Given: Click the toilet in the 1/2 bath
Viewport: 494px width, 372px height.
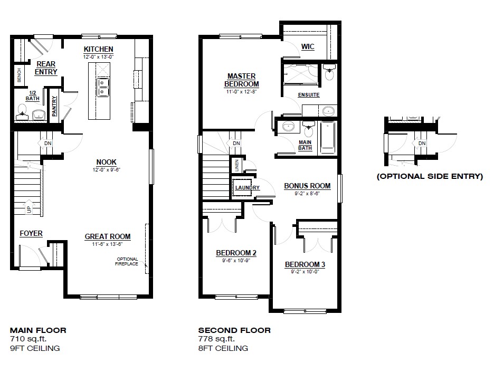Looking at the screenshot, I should pos(23,110).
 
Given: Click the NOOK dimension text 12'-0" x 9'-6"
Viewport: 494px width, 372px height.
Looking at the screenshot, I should pos(106,170).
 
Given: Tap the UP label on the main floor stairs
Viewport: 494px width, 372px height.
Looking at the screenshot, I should pos(28,210).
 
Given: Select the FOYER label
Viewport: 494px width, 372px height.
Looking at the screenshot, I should pos(31,233).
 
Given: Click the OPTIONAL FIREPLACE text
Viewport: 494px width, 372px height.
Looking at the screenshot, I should pos(127,261).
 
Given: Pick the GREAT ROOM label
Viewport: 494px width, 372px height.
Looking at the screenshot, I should pos(108,237).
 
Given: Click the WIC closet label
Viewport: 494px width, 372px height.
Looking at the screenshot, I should pos(308,47).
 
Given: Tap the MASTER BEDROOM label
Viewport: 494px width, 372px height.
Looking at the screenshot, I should pos(241,80).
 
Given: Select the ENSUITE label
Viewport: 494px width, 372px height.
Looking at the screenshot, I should pos(309,96).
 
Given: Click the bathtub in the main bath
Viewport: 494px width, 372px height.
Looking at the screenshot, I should pos(327,137).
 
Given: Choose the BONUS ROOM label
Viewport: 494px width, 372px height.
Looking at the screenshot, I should pos(307,186).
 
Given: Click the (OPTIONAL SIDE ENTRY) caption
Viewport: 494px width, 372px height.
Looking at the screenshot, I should pos(430,177).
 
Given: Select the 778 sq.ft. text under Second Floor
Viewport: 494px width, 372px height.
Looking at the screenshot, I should pos(216,339).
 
